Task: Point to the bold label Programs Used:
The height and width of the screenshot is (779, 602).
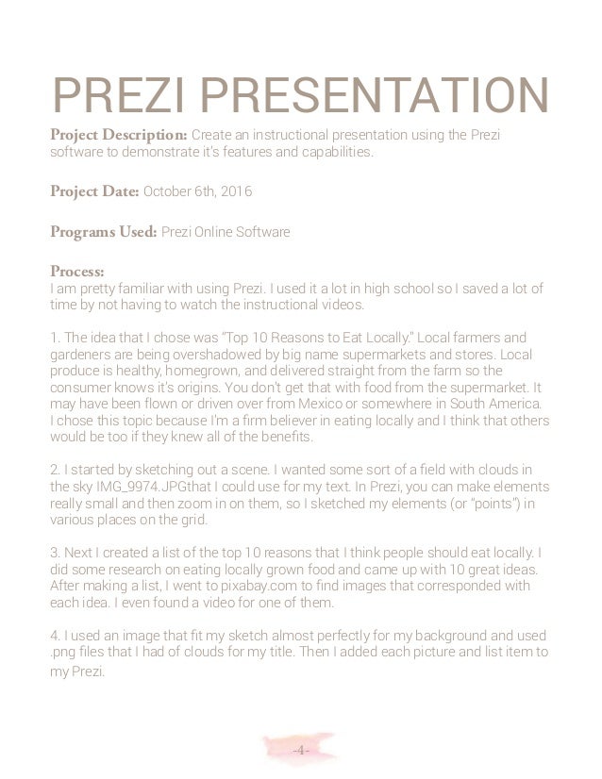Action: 104,231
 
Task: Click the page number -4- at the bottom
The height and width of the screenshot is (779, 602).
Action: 299,750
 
